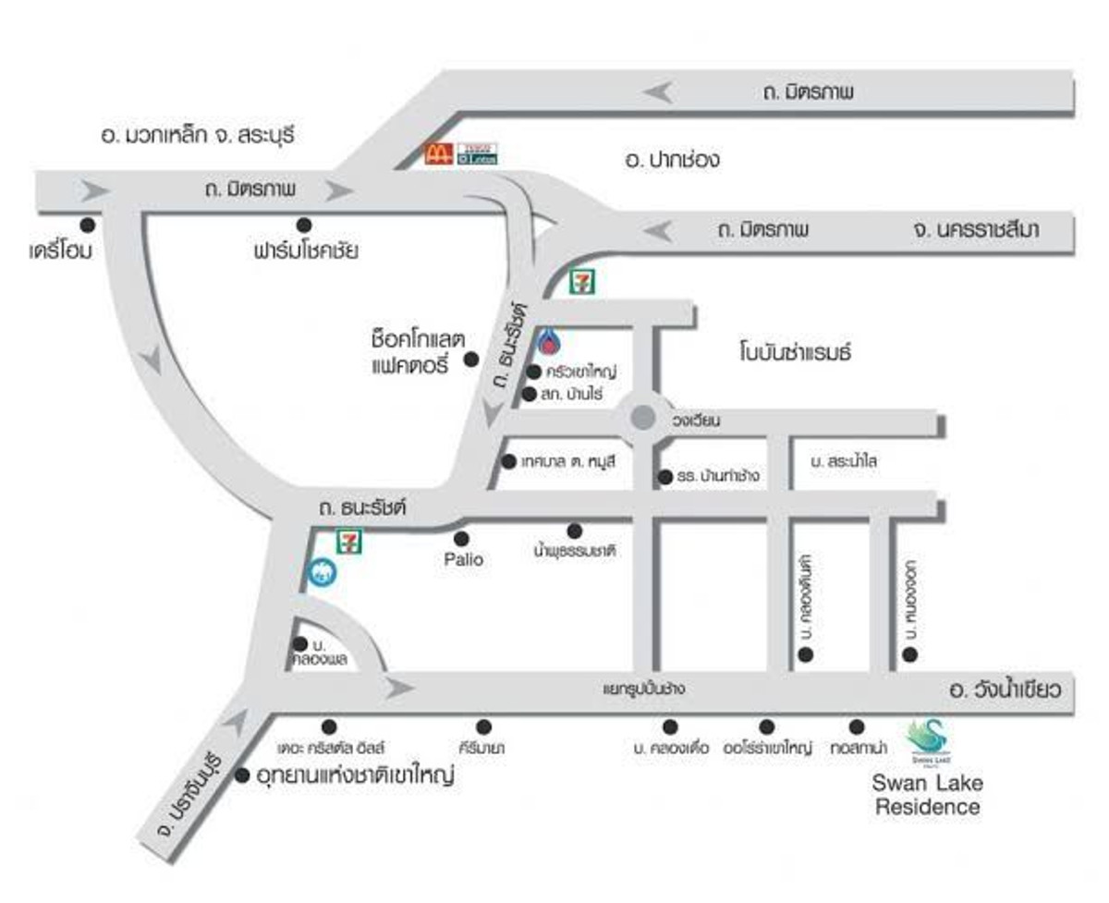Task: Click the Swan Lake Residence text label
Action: [x=927, y=795]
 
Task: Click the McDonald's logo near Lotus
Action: [x=437, y=153]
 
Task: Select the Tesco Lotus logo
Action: [x=478, y=153]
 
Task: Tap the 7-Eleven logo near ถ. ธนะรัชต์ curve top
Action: [x=582, y=281]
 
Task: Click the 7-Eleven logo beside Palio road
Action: [x=348, y=541]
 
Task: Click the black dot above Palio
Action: [x=461, y=538]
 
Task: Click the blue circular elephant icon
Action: [x=323, y=572]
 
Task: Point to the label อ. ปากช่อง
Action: [x=672, y=160]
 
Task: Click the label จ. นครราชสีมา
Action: [x=974, y=229]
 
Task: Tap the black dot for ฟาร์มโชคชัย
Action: [x=303, y=225]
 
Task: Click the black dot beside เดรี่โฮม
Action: [x=88, y=225]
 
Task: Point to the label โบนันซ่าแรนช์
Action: [x=794, y=352]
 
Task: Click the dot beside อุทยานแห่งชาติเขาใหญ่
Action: [x=242, y=775]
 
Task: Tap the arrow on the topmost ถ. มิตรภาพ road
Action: [x=660, y=92]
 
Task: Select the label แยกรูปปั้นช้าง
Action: [x=646, y=689]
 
